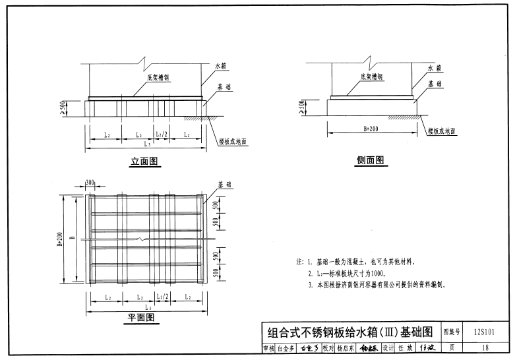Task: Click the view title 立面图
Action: tap(146, 161)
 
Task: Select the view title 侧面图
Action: tap(370, 160)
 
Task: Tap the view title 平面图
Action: tap(141, 318)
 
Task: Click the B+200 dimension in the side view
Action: tap(370, 129)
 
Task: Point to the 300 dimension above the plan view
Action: tap(90, 181)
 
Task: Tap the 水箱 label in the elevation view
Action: tap(220, 67)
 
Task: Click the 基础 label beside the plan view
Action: tap(225, 185)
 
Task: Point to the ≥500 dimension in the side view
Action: tap(301, 106)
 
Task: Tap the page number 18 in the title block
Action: tap(485, 347)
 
